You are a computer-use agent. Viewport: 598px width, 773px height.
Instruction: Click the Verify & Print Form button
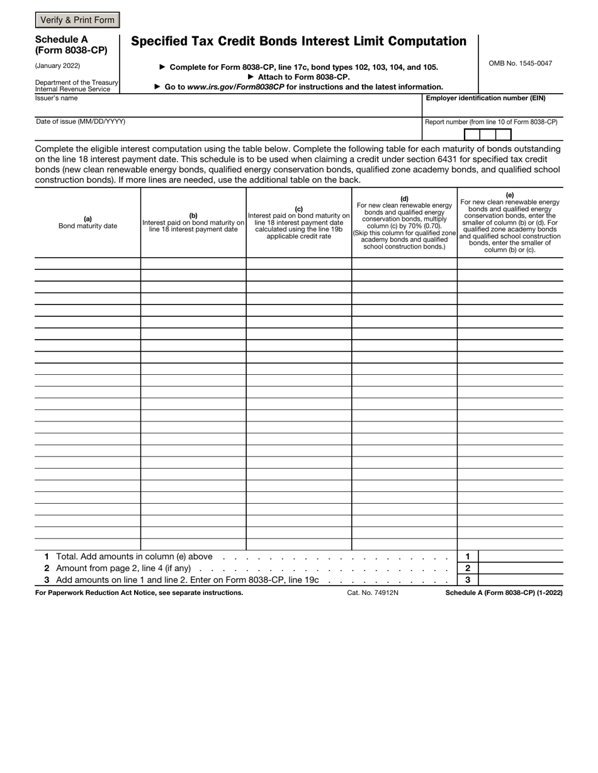click(77, 20)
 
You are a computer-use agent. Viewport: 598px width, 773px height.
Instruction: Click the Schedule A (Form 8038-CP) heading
click(71, 45)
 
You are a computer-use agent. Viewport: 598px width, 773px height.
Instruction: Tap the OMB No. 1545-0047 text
click(520, 64)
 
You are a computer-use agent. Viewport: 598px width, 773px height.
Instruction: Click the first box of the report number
click(471, 134)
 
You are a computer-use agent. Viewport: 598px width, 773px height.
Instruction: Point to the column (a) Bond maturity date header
click(87, 223)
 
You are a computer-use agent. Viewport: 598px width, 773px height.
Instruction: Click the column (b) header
click(193, 223)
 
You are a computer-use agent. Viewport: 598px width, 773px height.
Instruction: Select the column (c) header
click(299, 223)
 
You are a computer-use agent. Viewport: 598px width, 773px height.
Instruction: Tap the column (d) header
click(404, 223)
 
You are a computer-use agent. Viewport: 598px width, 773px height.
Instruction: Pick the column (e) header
click(510, 223)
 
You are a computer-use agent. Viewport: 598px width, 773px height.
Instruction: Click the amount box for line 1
click(521, 557)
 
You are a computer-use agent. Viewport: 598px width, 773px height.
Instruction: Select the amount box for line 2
click(521, 568)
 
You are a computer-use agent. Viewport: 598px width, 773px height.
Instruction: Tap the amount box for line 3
click(521, 580)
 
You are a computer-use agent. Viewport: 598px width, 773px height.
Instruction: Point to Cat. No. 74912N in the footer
click(373, 592)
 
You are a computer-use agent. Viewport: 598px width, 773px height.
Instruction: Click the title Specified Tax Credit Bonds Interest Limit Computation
click(299, 42)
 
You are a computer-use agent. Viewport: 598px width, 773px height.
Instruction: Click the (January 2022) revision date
click(57, 66)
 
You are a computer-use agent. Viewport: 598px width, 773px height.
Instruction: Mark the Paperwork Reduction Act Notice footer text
click(139, 592)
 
